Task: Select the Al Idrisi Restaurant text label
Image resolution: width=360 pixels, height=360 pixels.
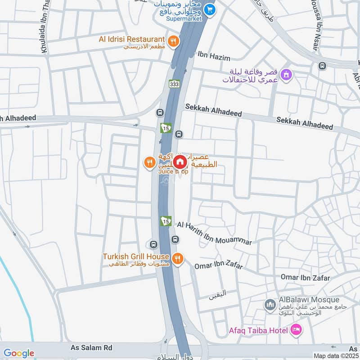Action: point(132,39)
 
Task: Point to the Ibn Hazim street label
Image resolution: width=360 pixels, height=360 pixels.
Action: point(214,57)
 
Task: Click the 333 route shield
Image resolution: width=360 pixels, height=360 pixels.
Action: point(175,84)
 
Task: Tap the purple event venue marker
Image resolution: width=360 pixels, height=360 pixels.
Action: point(285,74)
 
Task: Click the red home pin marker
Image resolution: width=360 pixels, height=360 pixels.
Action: point(180,162)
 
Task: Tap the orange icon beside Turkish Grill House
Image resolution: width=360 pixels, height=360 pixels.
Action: point(178,258)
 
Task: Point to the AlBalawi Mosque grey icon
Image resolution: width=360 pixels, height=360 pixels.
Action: point(270,305)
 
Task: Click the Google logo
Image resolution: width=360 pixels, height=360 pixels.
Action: point(19,353)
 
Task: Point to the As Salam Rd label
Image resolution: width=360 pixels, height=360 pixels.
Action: point(91,348)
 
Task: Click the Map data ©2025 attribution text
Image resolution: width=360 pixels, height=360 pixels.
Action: point(336,356)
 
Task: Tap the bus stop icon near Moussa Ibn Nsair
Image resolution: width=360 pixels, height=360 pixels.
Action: point(322,67)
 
